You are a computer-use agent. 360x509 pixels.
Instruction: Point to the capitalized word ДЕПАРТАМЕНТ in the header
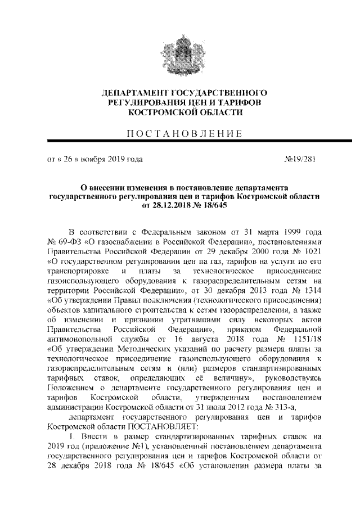tap(130, 92)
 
